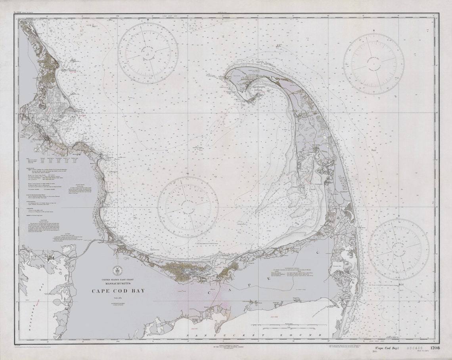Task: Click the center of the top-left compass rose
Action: pos(148,53)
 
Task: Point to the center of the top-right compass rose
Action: pos(373,64)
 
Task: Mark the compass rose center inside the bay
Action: pos(188,207)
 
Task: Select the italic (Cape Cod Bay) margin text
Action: pos(385,348)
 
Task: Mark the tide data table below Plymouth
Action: pos(56,160)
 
